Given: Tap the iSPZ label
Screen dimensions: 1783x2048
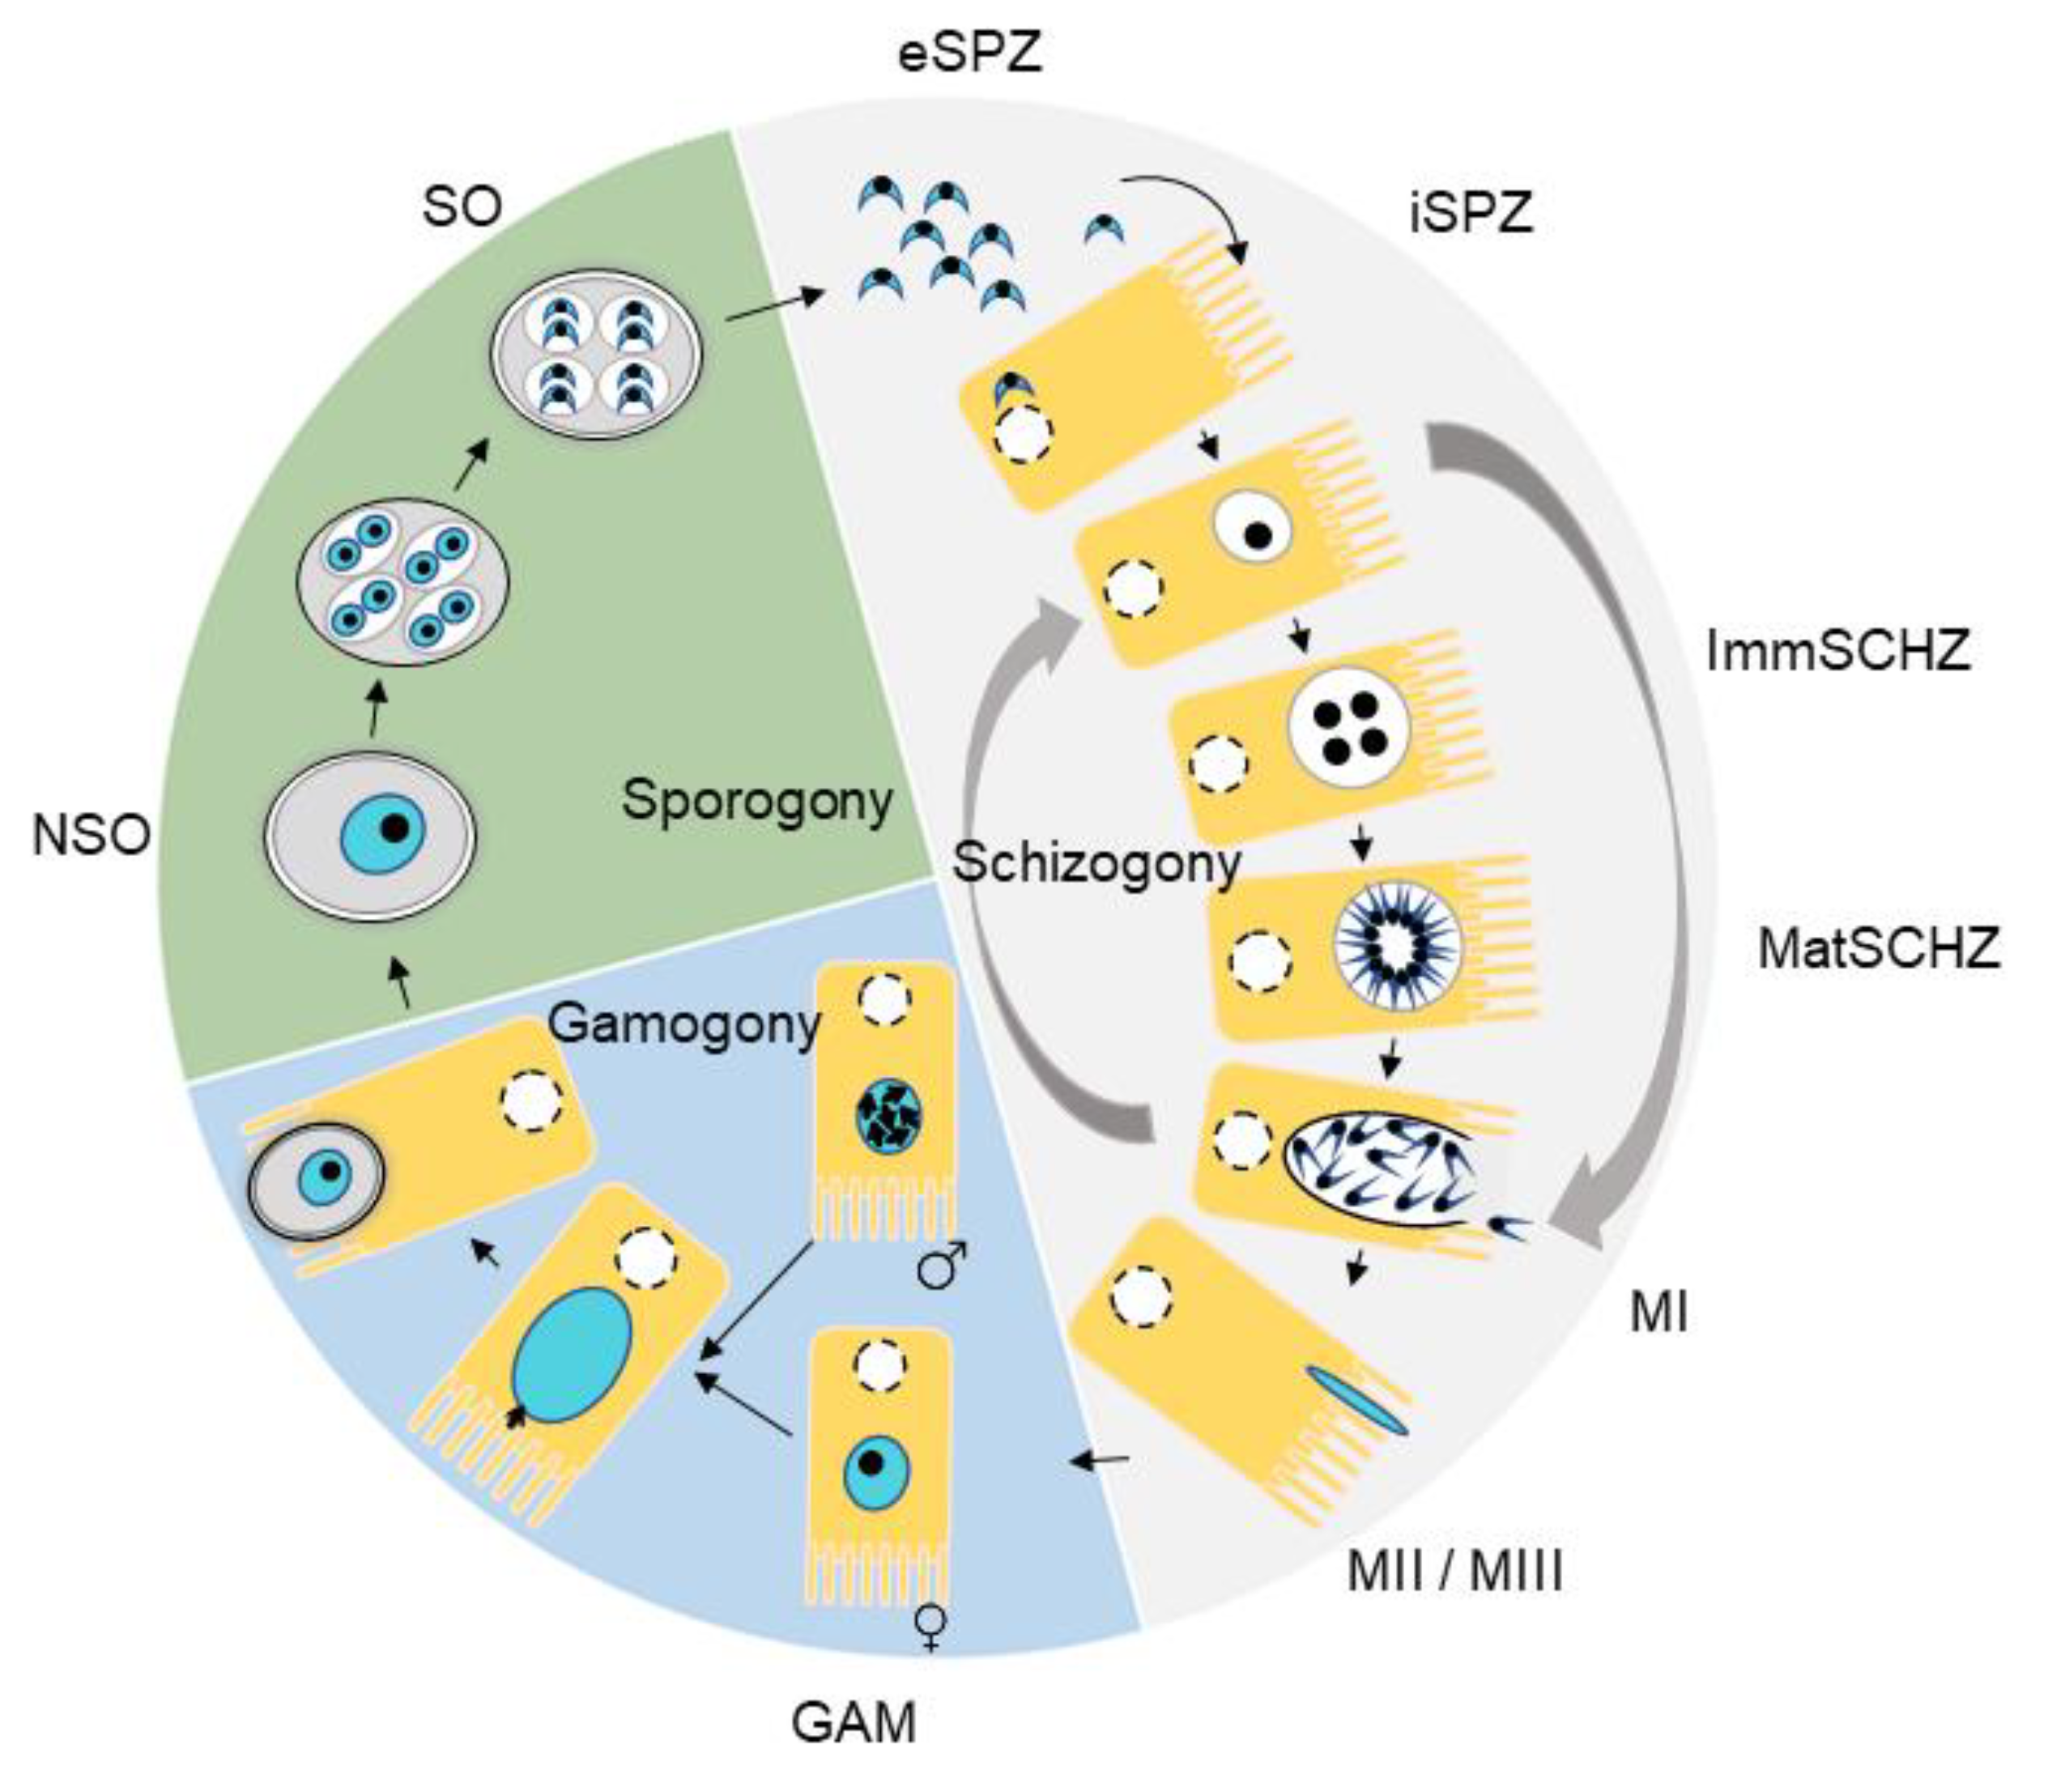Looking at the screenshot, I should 1471,213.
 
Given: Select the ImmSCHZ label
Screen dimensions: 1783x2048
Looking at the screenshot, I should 1837,652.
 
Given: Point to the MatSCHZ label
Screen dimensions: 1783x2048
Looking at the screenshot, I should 1878,948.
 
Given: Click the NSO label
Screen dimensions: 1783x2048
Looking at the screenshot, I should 91,835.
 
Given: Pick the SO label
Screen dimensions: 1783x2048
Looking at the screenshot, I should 462,208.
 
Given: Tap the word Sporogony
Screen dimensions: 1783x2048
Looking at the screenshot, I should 757,801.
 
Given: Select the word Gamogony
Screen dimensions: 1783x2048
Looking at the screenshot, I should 684,1023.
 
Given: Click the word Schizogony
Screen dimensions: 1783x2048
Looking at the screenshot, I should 1096,864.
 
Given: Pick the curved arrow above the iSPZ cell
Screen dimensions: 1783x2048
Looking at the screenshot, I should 1189,209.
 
